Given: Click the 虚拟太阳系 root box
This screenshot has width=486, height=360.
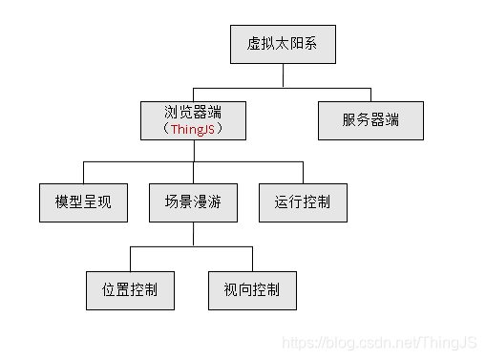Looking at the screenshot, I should pyautogui.click(x=283, y=43).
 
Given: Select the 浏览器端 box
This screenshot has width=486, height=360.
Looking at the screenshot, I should pyautogui.click(x=194, y=119).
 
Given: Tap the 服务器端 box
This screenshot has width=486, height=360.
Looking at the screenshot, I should pyautogui.click(x=370, y=120).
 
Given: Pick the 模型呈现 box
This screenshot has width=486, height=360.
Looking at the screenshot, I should pyautogui.click(x=83, y=202).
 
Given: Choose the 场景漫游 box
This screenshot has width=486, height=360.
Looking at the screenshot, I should pyautogui.click(x=193, y=202).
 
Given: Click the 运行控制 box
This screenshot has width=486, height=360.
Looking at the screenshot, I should pyautogui.click(x=304, y=202).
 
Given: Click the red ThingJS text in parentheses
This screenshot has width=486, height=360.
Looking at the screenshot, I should pyautogui.click(x=193, y=129).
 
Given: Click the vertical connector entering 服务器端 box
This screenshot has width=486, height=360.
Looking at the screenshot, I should pyautogui.click(x=371, y=93).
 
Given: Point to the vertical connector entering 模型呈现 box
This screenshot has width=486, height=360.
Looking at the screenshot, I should pyautogui.click(x=83, y=172).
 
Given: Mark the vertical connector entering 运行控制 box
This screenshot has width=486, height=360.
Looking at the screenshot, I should pyautogui.click(x=304, y=172).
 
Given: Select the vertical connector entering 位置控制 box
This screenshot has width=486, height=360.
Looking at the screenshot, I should pyautogui.click(x=130, y=258).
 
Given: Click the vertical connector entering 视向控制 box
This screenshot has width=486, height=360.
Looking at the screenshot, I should pyautogui.click(x=252, y=258).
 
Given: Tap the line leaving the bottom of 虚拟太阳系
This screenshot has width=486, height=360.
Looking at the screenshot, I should pyautogui.click(x=283, y=74).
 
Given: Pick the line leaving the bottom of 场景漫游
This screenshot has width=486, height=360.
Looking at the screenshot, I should pyautogui.click(x=193, y=234).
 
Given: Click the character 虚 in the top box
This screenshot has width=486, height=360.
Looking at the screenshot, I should pyautogui.click(x=254, y=43).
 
